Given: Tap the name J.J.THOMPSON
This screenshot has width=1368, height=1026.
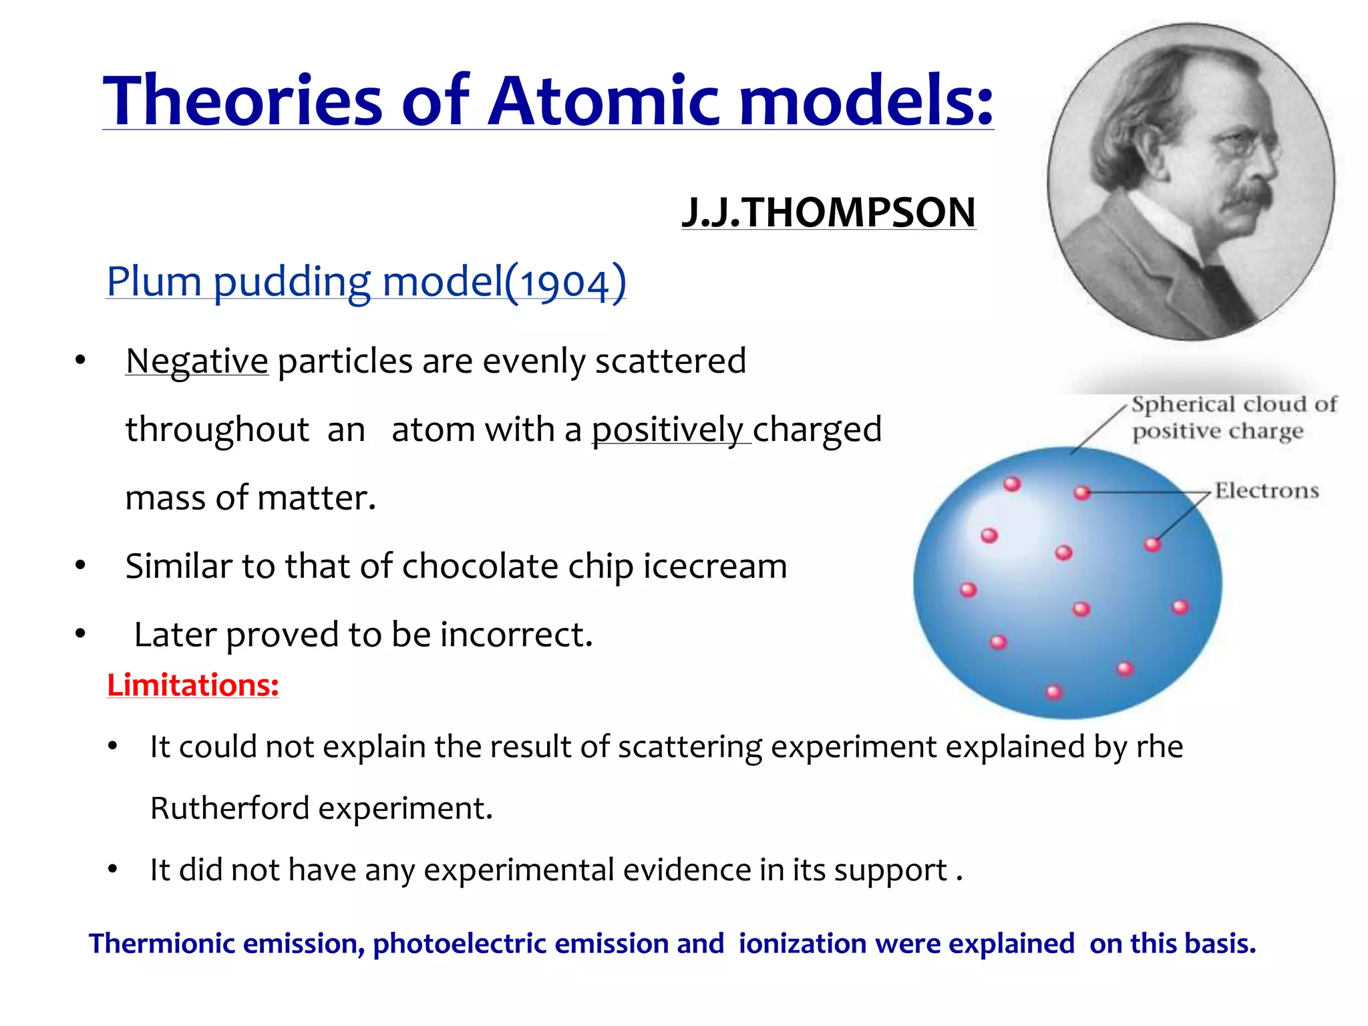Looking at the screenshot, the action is [828, 212].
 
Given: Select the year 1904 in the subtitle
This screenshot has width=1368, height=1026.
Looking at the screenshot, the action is [565, 283].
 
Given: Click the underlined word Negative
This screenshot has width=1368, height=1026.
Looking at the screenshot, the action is [197, 362].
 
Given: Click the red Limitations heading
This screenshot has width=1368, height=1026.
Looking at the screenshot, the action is [193, 685].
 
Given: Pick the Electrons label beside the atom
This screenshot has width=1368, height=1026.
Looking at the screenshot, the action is [1266, 491].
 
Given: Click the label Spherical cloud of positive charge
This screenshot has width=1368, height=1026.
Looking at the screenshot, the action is [1234, 418].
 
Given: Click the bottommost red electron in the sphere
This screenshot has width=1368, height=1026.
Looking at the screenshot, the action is [1054, 691].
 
